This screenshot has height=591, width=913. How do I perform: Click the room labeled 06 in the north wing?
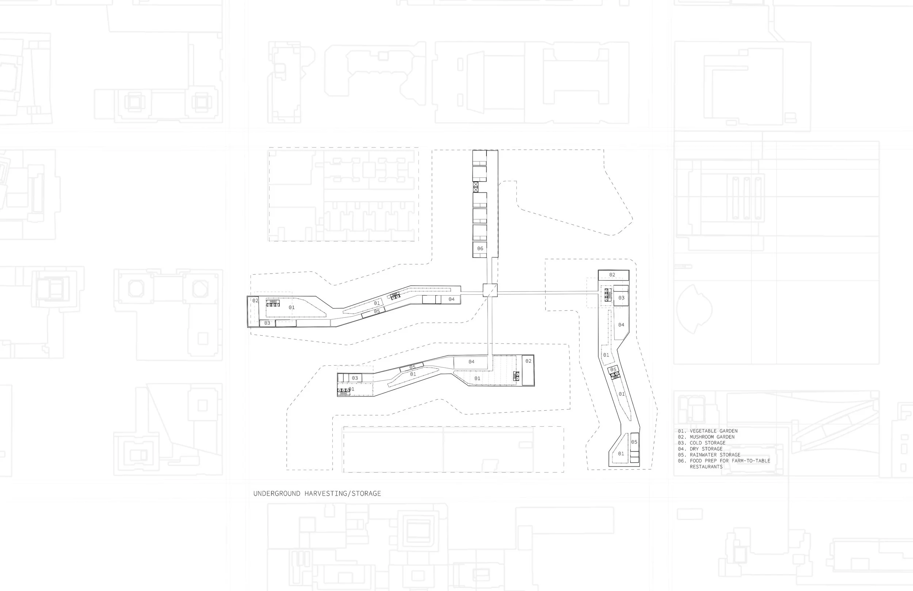(480, 249)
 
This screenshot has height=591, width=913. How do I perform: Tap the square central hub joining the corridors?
(490, 290)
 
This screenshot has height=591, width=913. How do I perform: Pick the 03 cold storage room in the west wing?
(267, 323)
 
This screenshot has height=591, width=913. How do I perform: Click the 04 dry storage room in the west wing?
(451, 300)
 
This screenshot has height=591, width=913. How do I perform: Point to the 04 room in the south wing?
(471, 362)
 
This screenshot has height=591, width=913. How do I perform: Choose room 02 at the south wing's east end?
(528, 370)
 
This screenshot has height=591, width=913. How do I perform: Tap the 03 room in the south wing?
(355, 378)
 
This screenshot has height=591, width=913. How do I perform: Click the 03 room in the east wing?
(621, 298)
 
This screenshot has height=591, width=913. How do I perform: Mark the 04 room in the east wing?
(621, 325)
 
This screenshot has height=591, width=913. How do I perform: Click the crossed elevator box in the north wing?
(476, 187)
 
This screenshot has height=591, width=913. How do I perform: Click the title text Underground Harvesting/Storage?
(317, 493)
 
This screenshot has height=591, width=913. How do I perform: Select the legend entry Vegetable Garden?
(708, 431)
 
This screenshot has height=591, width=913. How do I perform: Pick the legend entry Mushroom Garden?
(706, 437)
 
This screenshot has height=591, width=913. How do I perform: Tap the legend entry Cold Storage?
(702, 443)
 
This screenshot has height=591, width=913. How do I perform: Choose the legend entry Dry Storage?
(700, 449)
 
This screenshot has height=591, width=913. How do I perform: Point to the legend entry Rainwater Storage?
(709, 455)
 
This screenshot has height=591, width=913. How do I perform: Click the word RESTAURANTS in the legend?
(706, 467)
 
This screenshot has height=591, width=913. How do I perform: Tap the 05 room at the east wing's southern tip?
(634, 442)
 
